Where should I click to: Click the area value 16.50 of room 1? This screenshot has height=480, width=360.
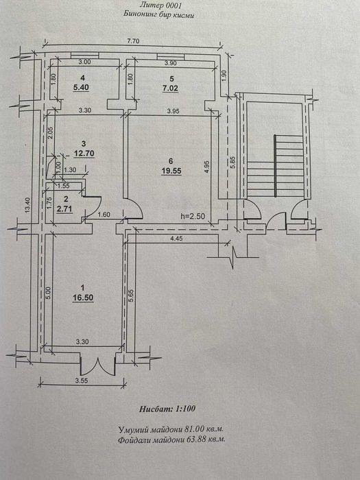pyautogui.click(x=83, y=298)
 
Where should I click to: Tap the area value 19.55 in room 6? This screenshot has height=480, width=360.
pyautogui.click(x=171, y=171)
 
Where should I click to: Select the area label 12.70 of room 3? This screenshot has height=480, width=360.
pyautogui.click(x=84, y=152)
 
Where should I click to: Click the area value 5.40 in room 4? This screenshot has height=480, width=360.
pyautogui.click(x=81, y=88)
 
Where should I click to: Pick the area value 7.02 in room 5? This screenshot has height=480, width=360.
pyautogui.click(x=171, y=88)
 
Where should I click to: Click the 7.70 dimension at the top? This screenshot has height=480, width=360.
pyautogui.click(x=134, y=42)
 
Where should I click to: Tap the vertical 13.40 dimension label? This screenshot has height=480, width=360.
pyautogui.click(x=28, y=206)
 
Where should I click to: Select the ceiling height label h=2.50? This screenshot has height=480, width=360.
pyautogui.click(x=192, y=215)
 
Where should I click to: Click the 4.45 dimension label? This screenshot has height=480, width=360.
pyautogui.click(x=177, y=239)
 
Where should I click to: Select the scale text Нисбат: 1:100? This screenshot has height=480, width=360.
pyautogui.click(x=167, y=409)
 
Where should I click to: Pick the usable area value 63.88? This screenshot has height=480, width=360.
pyautogui.click(x=195, y=440)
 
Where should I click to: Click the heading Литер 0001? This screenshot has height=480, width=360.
pyautogui.click(x=160, y=5)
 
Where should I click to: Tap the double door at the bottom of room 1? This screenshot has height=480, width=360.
pyautogui.click(x=97, y=366)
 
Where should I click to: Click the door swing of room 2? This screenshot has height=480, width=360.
pyautogui.click(x=93, y=207)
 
